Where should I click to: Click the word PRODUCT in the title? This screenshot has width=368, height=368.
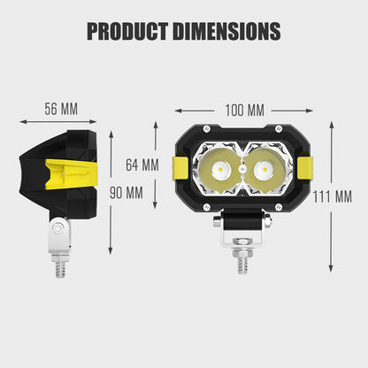pyautogui.click(x=128, y=31)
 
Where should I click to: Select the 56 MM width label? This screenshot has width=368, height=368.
pyautogui.click(x=61, y=109)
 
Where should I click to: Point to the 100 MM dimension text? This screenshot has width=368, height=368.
pyautogui.click(x=243, y=110)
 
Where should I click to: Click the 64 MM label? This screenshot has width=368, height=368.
pyautogui.click(x=142, y=165)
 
